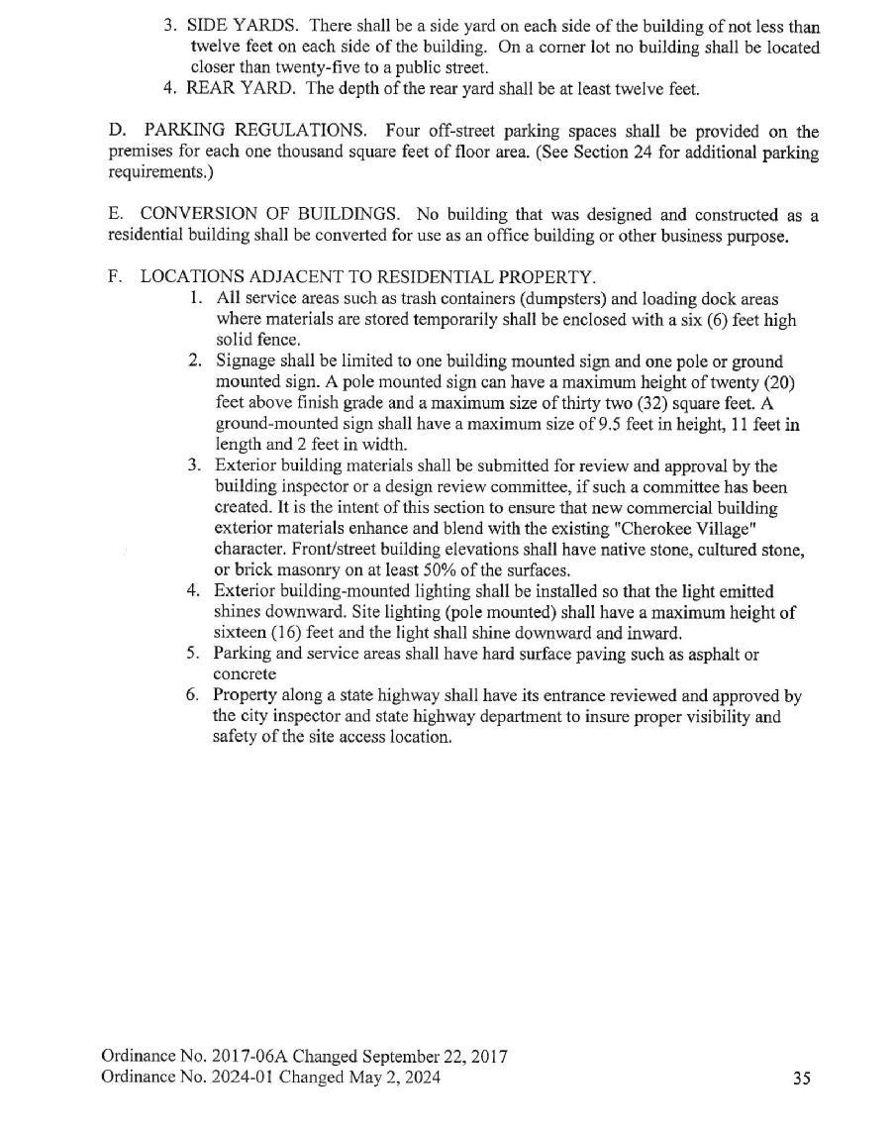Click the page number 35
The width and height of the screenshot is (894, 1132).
(x=802, y=1079)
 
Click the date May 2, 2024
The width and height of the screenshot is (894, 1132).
(x=392, y=1078)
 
